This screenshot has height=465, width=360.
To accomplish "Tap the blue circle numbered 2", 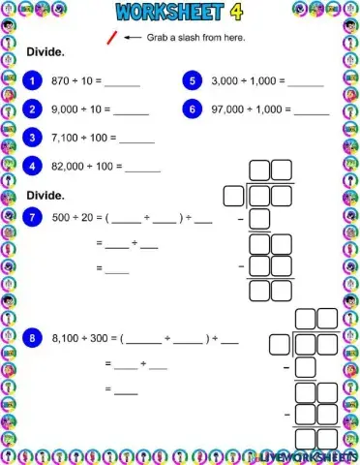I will [x=36, y=109].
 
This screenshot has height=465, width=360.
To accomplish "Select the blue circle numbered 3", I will [x=36, y=138].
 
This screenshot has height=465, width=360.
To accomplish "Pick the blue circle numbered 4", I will [x=36, y=166].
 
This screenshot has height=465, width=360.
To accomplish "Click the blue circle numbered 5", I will [x=194, y=81].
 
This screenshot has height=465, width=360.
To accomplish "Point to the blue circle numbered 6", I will [x=194, y=109].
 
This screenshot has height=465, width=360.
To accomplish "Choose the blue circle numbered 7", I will [x=36, y=217].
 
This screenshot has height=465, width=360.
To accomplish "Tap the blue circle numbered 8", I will [x=36, y=338].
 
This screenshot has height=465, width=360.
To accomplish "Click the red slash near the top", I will [x=112, y=39].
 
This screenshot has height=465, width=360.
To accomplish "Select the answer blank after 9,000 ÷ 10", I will [x=131, y=112].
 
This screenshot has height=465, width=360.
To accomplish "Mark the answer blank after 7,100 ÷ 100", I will [x=136, y=140].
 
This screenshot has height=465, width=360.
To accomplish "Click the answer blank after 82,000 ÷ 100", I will [x=142, y=169].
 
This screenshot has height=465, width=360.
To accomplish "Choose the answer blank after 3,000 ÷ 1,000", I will [x=306, y=84].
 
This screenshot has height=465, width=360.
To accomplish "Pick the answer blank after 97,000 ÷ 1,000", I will [x=312, y=112].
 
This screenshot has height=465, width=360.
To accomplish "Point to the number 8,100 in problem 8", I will [x=70, y=339].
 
